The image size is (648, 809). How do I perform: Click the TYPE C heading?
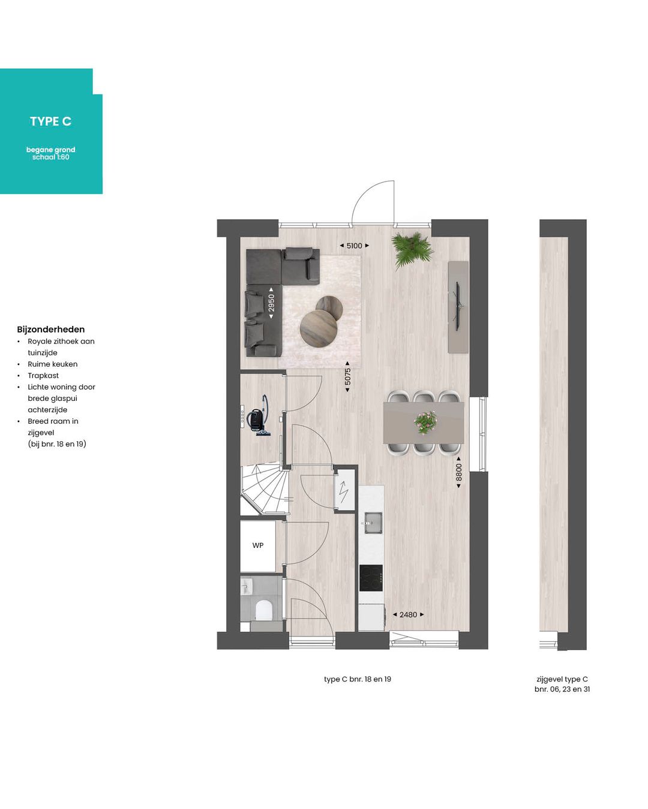click(x=50, y=121)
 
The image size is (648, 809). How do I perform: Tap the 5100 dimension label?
click(x=354, y=246)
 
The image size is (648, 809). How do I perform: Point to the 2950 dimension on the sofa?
click(x=271, y=303)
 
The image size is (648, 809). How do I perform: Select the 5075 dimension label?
click(x=347, y=377)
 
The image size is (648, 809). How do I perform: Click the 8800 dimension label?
click(x=458, y=472)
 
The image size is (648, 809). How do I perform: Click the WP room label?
click(x=257, y=545)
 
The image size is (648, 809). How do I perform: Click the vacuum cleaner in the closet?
click(x=258, y=416)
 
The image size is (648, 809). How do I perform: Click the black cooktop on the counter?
click(x=371, y=578)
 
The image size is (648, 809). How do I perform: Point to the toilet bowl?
click(x=263, y=610)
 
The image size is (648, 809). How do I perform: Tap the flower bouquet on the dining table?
click(x=425, y=422)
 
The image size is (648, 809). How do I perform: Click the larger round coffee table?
click(x=318, y=328)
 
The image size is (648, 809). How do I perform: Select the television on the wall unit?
click(x=458, y=306)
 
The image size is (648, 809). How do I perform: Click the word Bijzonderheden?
click(x=51, y=330)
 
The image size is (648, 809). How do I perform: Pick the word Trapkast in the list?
click(x=43, y=376)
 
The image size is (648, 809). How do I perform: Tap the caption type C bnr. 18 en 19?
click(x=358, y=680)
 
